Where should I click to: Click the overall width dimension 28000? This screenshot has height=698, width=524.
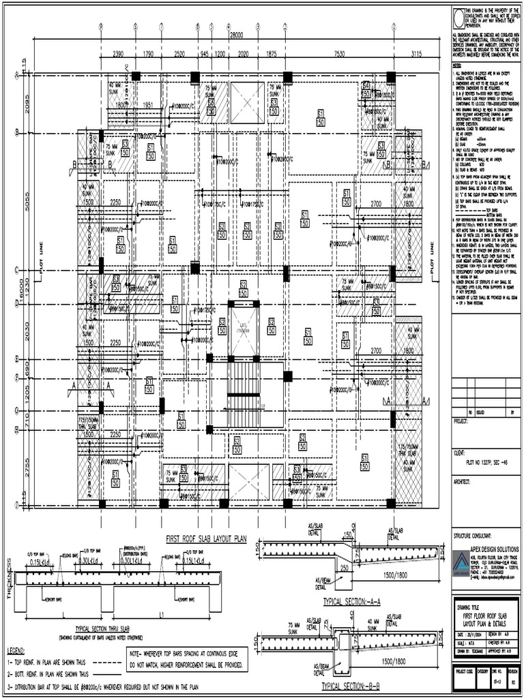(x=237, y=34)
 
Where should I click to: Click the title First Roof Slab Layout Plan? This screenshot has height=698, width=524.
(x=205, y=538)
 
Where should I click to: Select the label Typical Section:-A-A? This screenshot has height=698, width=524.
(x=351, y=602)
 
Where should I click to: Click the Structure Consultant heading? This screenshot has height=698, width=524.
(x=476, y=536)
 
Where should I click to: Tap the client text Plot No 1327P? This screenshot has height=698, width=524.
(x=486, y=461)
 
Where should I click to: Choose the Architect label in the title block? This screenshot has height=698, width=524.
(x=464, y=481)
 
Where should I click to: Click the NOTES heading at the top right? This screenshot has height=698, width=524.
(x=457, y=64)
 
